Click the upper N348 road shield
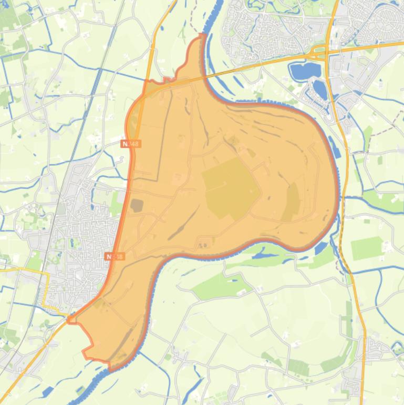coord(131,144)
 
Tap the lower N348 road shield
coord(115,256)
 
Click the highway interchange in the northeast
coord(322,51)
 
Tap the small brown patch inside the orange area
coord(136,205)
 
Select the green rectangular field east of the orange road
coord(367,248)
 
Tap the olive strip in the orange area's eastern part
coord(291,202)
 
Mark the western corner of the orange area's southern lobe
coord(70,318)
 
